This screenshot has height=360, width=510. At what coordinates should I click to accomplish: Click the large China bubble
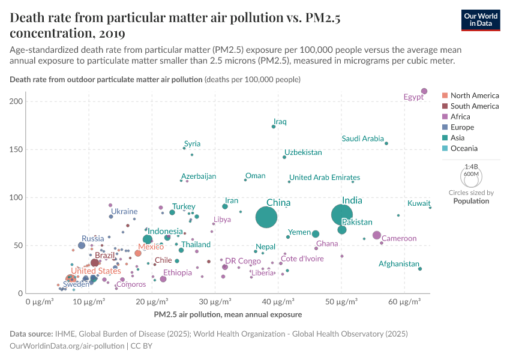click(266, 217)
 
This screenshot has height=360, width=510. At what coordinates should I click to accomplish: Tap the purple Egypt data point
click(424, 91)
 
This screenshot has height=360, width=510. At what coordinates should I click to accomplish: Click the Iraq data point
click(274, 127)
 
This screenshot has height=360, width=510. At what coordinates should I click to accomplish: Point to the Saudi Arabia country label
click(362, 139)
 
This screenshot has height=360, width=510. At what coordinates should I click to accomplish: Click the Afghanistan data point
click(420, 269)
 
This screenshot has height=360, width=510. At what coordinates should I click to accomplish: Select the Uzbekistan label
click(303, 152)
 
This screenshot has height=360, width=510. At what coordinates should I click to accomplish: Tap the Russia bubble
click(82, 245)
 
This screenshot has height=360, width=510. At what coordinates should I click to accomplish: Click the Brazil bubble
click(95, 262)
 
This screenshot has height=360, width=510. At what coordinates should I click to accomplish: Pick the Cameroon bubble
click(377, 235)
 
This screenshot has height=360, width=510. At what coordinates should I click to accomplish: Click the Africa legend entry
click(460, 116)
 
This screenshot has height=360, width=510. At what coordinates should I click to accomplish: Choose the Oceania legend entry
click(464, 148)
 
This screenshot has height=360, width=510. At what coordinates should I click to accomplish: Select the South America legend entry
click(474, 106)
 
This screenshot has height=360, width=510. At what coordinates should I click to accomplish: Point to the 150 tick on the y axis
click(16, 149)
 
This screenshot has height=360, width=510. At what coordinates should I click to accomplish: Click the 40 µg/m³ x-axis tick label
click(278, 301)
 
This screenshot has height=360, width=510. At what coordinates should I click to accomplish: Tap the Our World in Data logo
click(481, 19)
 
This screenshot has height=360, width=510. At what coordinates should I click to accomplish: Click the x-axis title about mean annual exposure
click(227, 314)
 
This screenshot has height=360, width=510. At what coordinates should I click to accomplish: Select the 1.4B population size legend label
click(472, 167)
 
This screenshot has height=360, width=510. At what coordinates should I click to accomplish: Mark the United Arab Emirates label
click(325, 178)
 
